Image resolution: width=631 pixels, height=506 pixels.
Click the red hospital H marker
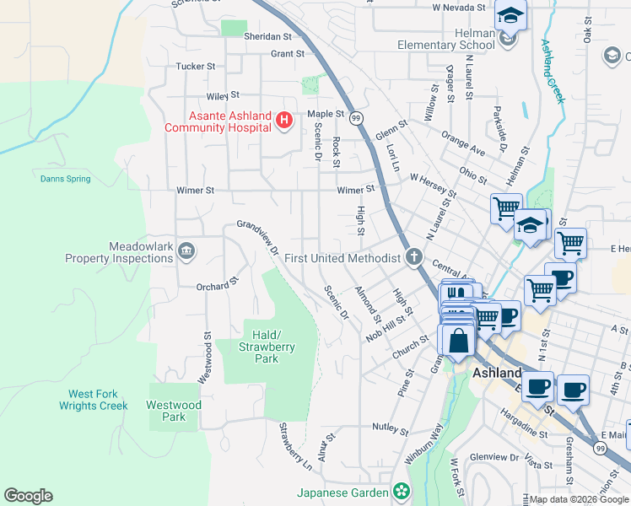point(284,121)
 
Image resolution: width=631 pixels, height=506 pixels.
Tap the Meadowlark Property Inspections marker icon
point(186,250)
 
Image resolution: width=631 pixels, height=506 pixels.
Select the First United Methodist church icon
point(413,257)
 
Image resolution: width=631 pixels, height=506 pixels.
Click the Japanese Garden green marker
point(401,492)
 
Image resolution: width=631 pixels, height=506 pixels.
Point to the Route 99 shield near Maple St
point(357,117)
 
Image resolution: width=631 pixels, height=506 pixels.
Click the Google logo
point(28,496)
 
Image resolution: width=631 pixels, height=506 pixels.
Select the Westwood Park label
point(173,411)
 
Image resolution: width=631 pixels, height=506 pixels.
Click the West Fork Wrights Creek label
point(93,400)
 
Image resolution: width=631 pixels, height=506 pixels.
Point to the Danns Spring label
point(63,178)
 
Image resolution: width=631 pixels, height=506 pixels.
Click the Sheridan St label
point(267,37)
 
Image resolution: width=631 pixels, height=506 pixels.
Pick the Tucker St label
point(196,66)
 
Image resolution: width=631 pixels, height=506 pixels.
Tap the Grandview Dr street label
point(257,237)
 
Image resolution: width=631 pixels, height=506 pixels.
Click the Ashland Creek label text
point(551,72)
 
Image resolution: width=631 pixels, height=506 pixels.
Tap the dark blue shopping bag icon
point(458,341)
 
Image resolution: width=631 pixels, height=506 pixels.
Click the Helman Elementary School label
point(447,39)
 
